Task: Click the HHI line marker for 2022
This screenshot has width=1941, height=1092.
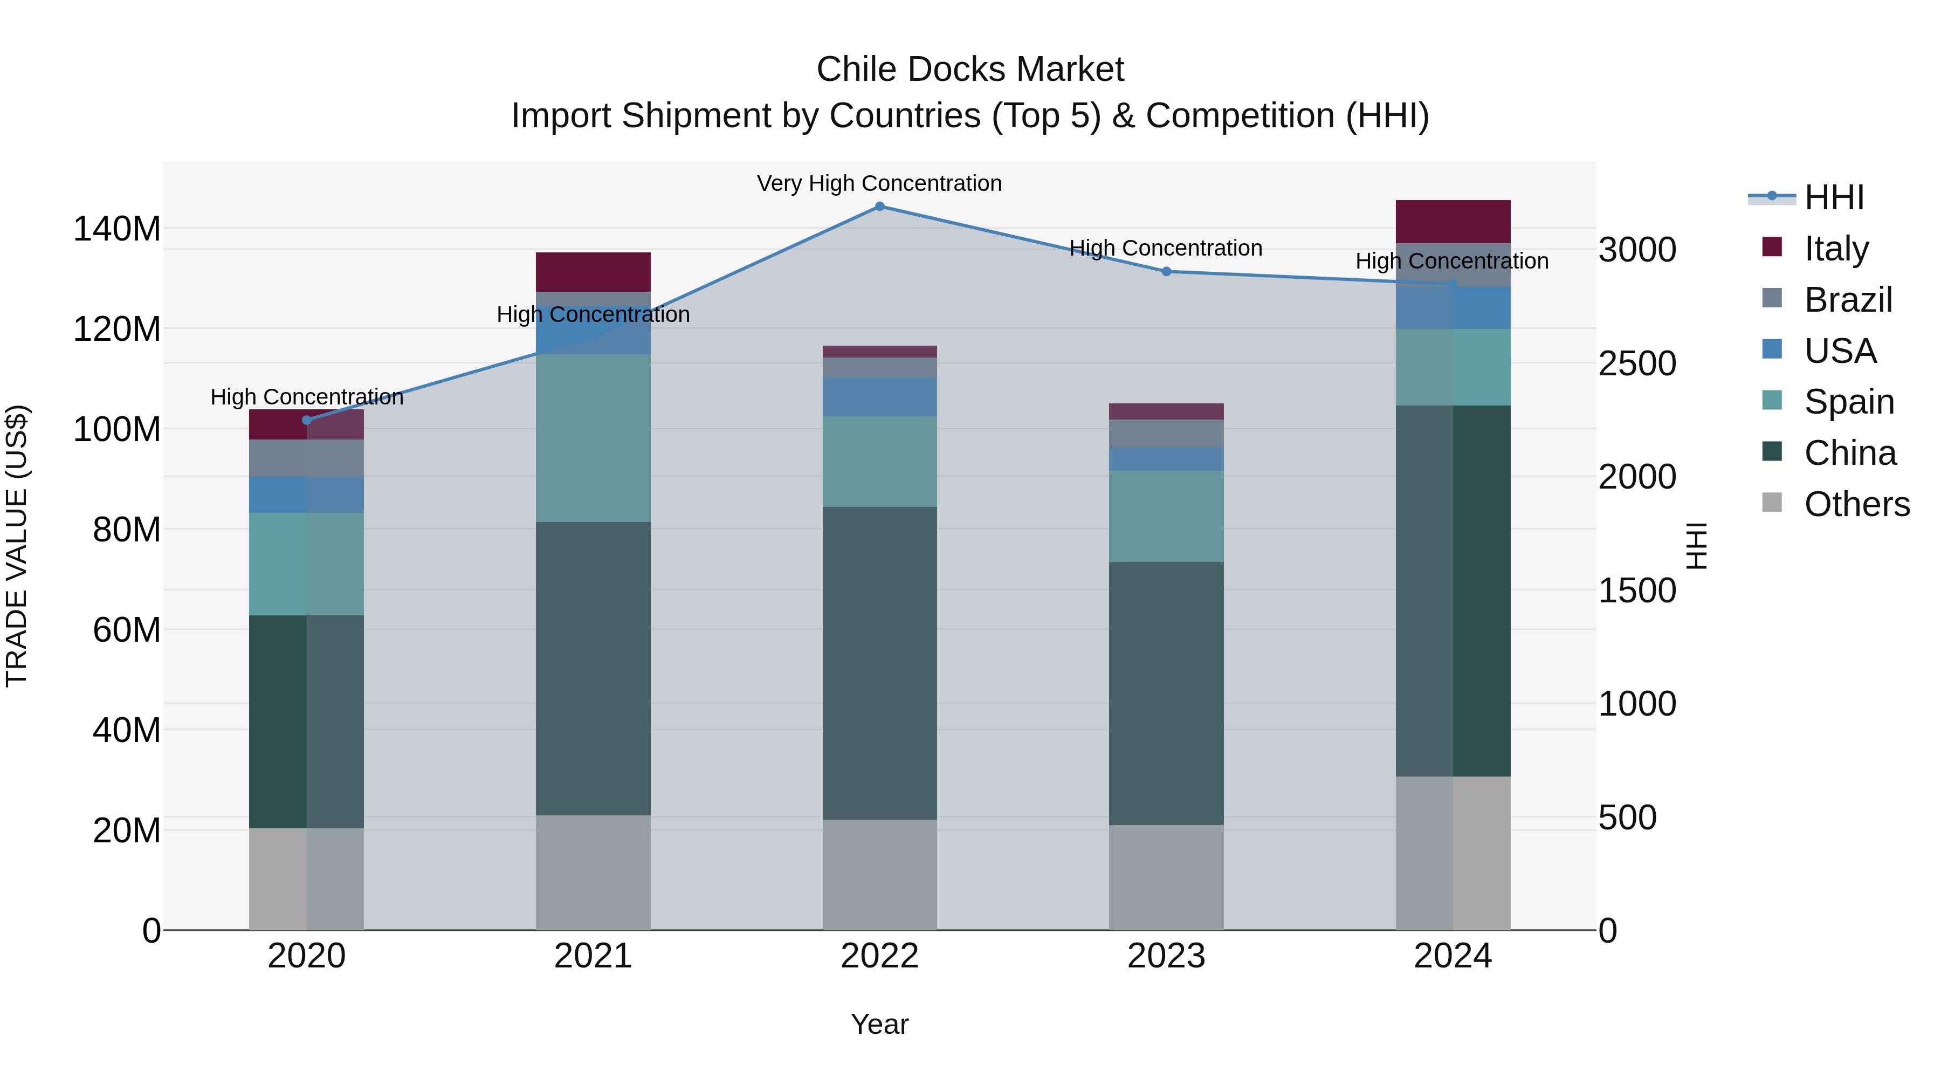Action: [x=879, y=207]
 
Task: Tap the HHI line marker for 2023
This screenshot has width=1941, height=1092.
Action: [x=1166, y=271]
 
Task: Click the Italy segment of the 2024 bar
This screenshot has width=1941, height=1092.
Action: [x=1453, y=222]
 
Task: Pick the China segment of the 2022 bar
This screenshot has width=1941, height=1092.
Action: [x=879, y=663]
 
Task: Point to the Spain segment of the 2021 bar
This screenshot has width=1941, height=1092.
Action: [x=593, y=438]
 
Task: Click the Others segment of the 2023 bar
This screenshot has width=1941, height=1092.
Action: [x=1166, y=877]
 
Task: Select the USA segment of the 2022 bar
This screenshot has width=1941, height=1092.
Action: [x=879, y=397]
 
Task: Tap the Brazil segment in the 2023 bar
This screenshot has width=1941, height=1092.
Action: [x=1166, y=434]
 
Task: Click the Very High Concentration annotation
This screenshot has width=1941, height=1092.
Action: [x=879, y=184]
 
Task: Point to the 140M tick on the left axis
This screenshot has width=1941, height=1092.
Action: [x=117, y=228]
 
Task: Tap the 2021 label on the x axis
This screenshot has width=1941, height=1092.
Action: [x=593, y=956]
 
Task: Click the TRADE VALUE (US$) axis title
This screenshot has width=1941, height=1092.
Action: [x=17, y=546]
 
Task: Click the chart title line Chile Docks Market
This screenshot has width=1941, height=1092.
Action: [x=970, y=70]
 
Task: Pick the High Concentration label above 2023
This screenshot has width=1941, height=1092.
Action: [x=1166, y=248]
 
